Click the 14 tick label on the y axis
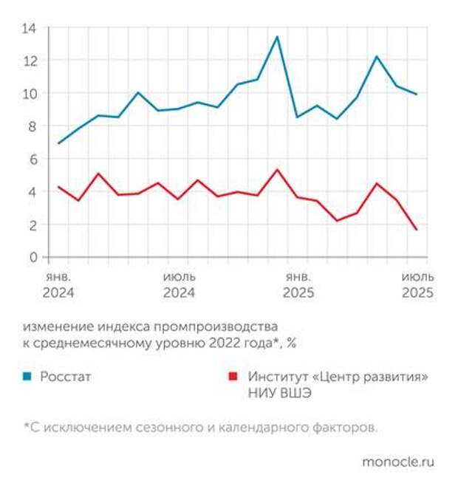pos(30,28)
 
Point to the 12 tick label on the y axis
pos(30,61)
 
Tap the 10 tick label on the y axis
pos(30,94)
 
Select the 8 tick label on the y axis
pos(33,126)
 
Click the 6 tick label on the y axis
pos(33,159)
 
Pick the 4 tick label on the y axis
pos(33,192)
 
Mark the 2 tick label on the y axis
pos(33,225)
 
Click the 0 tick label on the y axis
pos(33,257)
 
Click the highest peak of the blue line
pos(277,37)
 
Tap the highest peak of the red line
pos(277,170)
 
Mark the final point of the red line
pos(417,230)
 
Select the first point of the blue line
pos(58,143)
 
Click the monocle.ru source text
pos(398,462)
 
